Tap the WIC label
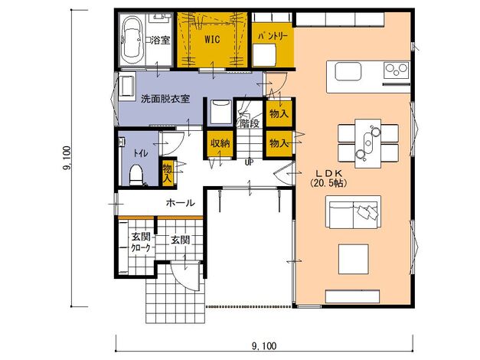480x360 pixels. pos(212,39)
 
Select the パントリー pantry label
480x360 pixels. pos(273,36)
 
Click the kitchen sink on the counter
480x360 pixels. pos(348,72)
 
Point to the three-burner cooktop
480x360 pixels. pos(397,70)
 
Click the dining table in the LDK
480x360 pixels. pos(368,143)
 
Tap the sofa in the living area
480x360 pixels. pos(354,212)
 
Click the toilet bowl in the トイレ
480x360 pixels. pos(136,175)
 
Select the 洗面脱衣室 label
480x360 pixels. pos(165,99)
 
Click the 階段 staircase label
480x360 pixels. pos(250,123)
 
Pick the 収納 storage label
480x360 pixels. pos(220,143)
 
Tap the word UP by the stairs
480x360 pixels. pos(249,162)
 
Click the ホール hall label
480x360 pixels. pos(181,202)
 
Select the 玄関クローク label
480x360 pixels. pos(141,242)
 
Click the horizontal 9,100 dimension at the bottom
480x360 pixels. pos(264,346)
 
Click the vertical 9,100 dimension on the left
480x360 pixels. pos(67,158)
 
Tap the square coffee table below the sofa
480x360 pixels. pos(353,259)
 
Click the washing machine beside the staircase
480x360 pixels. pos(220,112)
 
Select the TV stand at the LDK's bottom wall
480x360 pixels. pos(352,296)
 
